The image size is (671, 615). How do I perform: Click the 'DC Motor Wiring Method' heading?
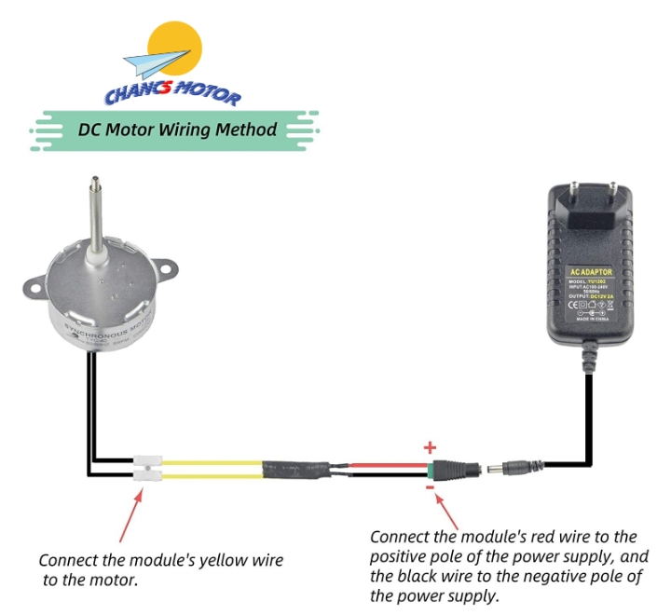[x=177, y=129]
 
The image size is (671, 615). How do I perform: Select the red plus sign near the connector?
[x=430, y=447]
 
